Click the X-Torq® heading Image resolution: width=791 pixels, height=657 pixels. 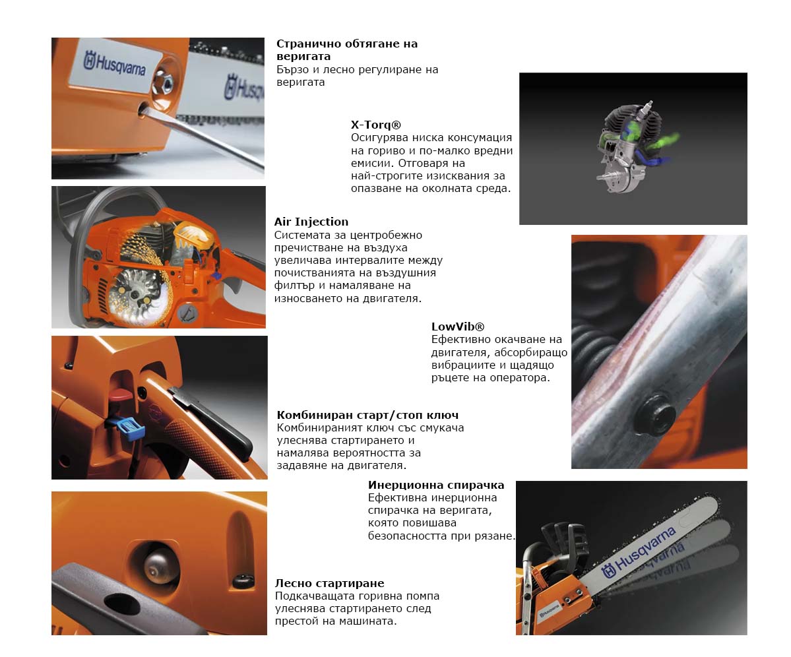(376, 125)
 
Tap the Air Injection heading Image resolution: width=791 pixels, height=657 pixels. (311, 222)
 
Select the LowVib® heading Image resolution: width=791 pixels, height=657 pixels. (458, 327)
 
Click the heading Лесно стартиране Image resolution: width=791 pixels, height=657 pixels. (329, 583)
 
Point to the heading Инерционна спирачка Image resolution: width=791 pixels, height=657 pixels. (436, 485)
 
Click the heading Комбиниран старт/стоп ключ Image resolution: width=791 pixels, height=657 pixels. (367, 415)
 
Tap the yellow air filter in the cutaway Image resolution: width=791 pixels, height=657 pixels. (194, 235)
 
